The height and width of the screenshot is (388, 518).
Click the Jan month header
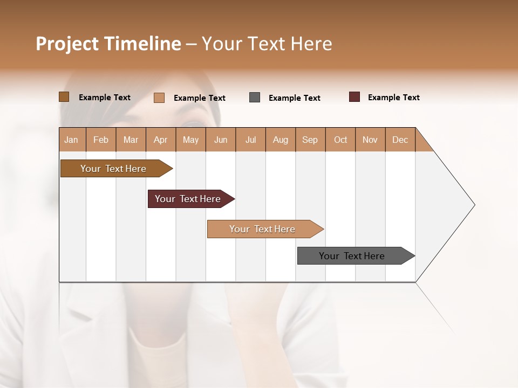[72, 140]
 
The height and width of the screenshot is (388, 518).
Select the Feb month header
[101, 140]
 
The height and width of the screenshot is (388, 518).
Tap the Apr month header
[161, 140]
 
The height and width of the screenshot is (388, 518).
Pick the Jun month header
[221, 140]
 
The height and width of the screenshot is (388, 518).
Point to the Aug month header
[281, 140]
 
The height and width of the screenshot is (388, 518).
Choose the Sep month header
[310, 140]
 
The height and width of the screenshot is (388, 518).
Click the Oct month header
[340, 140]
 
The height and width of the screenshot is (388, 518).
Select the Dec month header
[400, 140]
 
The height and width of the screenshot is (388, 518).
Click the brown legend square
[64, 97]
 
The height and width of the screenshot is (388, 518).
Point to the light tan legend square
[159, 98]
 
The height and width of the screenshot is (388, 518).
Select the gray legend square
[255, 98]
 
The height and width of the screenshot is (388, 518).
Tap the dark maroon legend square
[355, 97]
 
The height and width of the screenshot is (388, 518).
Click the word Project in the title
[67, 44]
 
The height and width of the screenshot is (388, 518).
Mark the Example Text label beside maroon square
[393, 98]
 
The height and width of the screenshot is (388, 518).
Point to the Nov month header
[370, 140]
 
